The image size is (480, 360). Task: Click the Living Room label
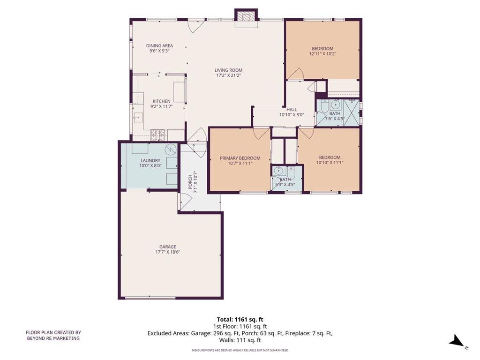228,70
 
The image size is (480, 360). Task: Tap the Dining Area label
159,45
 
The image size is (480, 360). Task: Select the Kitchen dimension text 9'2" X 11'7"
162,106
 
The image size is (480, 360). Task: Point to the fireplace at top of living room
246,18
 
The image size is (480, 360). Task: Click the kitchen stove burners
158,133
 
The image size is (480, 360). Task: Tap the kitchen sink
138,117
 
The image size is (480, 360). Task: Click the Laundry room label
150,160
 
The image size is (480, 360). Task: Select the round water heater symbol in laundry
170,150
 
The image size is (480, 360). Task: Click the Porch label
190,181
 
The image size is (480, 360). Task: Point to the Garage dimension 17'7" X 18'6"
168,252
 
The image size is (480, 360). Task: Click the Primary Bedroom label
240,158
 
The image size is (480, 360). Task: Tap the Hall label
292,109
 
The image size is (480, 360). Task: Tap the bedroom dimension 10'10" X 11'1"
330,163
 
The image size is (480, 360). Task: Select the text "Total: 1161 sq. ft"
240,320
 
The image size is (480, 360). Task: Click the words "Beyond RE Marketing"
53,338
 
